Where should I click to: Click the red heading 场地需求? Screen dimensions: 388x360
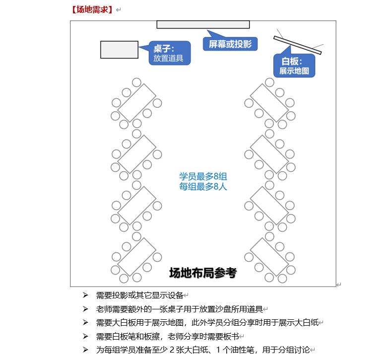click(92, 9)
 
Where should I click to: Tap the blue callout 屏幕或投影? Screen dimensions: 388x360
click(230, 44)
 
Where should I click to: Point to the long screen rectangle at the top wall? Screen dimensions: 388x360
click(203, 24)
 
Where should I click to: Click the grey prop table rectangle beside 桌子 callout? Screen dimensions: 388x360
click(119, 50)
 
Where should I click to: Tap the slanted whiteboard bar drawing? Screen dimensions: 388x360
click(297, 45)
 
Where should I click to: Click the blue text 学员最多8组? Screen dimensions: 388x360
click(203, 177)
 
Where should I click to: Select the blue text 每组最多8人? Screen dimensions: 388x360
click(203, 186)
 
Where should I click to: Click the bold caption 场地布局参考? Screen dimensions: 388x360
click(203, 273)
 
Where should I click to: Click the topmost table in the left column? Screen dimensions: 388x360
click(137, 103)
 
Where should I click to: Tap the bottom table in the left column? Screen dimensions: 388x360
click(137, 257)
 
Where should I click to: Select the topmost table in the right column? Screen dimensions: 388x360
click(269, 103)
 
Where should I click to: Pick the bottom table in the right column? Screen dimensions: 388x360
click(269, 257)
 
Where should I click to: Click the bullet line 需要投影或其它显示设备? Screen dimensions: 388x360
click(139, 295)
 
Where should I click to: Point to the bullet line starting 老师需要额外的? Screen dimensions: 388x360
click(180, 309)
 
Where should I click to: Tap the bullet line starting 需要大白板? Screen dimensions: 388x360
click(207, 323)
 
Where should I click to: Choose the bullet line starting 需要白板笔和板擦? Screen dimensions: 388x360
click(168, 337)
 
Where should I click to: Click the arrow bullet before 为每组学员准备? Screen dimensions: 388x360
click(85, 350)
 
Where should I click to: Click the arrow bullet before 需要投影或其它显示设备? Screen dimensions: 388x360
click(85, 295)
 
